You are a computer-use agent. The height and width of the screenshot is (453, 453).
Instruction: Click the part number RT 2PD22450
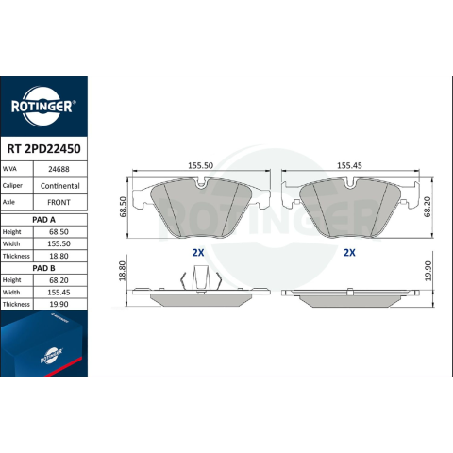point(43,149)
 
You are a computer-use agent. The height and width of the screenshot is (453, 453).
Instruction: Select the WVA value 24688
point(59,169)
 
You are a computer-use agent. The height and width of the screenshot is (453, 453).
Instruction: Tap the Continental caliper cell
point(60,186)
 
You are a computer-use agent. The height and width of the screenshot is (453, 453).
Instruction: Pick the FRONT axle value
point(59,202)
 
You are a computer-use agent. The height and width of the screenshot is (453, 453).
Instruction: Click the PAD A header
point(43,220)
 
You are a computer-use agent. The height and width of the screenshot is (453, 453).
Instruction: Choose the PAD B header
point(43,268)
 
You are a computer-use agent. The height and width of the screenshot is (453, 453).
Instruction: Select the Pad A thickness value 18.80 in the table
point(59,256)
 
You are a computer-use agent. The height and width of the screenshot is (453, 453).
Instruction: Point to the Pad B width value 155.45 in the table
point(59,293)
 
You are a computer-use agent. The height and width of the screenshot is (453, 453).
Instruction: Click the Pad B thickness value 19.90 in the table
point(59,304)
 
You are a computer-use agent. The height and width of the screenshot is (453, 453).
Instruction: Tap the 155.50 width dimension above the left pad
point(201,165)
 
